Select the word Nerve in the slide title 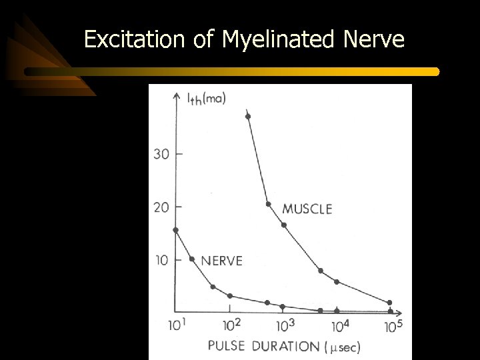click(374, 40)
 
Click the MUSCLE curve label click(307, 209)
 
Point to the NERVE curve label click(221, 261)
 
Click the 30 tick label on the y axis click(161, 154)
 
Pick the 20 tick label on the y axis click(161, 207)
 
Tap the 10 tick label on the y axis click(161, 259)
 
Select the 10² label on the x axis click(232, 326)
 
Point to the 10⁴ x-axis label click(339, 326)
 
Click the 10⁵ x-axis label click(393, 326)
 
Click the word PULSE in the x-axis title click(227, 346)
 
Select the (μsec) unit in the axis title click(343, 347)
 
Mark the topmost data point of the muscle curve click(248, 117)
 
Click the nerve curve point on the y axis click(175, 230)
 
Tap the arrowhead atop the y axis click(175, 95)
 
